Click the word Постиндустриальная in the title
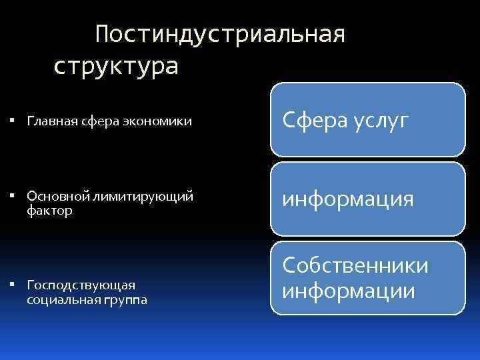[220, 34]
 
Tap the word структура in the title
[116, 67]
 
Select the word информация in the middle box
[348, 199]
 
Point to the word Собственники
[355, 266]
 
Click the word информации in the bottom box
[349, 291]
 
